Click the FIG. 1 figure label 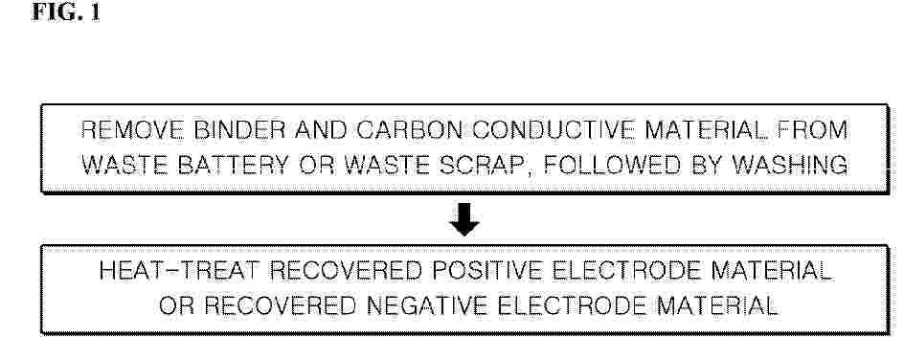66,12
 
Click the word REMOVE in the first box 132,130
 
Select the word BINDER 240,130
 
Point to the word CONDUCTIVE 553,130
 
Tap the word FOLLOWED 612,166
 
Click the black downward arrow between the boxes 464,219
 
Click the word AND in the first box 321,130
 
